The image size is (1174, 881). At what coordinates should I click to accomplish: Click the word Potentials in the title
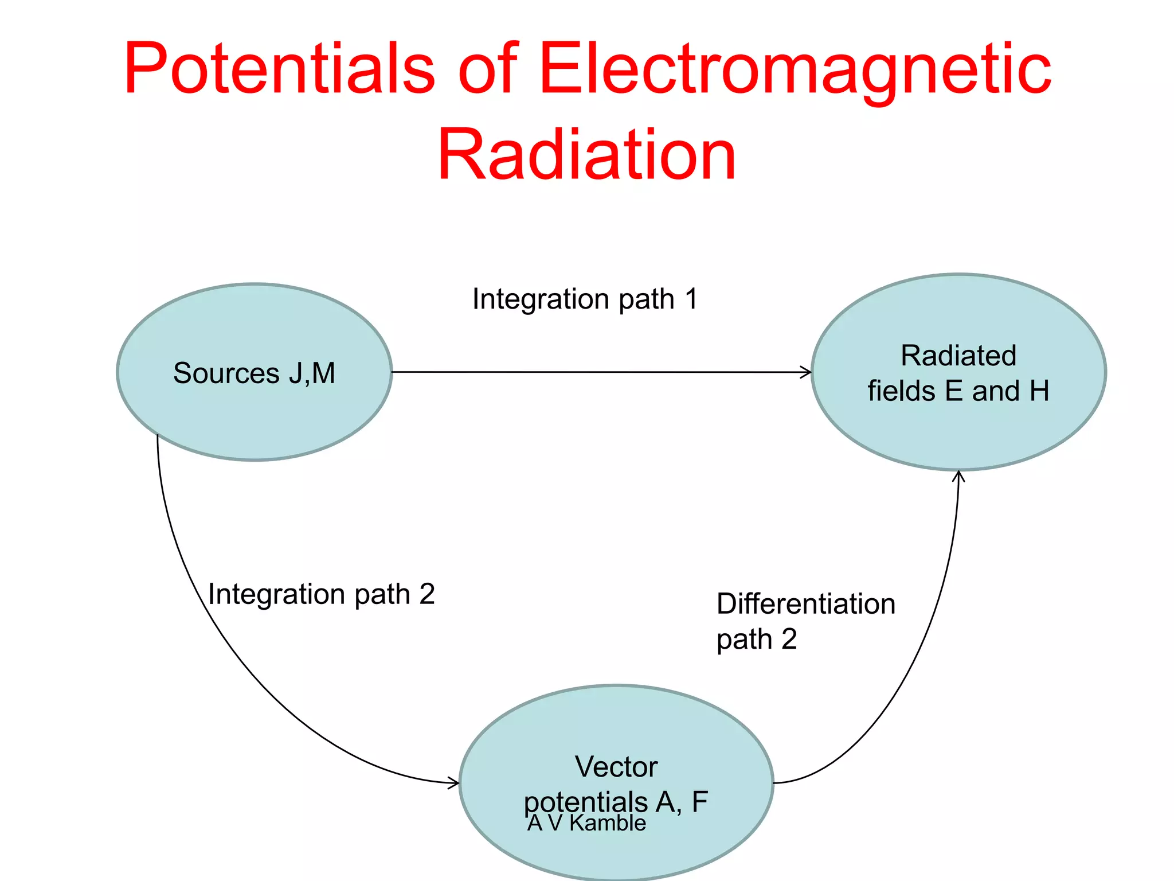point(279,69)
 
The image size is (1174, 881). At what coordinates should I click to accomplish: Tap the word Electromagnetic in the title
point(795,69)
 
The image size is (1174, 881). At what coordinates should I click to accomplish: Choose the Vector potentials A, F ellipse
point(617,728)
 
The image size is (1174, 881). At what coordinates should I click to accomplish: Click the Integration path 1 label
point(585,299)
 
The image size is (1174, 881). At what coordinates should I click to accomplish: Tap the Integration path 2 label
point(322,594)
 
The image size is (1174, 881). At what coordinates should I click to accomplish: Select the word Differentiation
point(805,604)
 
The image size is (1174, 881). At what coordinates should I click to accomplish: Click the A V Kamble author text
point(586,823)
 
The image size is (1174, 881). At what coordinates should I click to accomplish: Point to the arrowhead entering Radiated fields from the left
point(807,373)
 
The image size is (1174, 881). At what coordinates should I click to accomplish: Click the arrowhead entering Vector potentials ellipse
point(454,782)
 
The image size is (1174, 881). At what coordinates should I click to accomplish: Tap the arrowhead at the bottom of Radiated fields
point(958,475)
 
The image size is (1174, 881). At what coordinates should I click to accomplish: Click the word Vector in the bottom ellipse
point(616,767)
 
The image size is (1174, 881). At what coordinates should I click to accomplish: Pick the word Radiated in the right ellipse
point(958,356)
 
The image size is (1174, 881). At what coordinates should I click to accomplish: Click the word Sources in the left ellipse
point(226,373)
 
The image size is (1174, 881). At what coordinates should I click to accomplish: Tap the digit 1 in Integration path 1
point(691,299)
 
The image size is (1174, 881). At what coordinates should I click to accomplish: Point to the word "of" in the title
point(487,69)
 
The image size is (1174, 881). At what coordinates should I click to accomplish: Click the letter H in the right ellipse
point(1039,391)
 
